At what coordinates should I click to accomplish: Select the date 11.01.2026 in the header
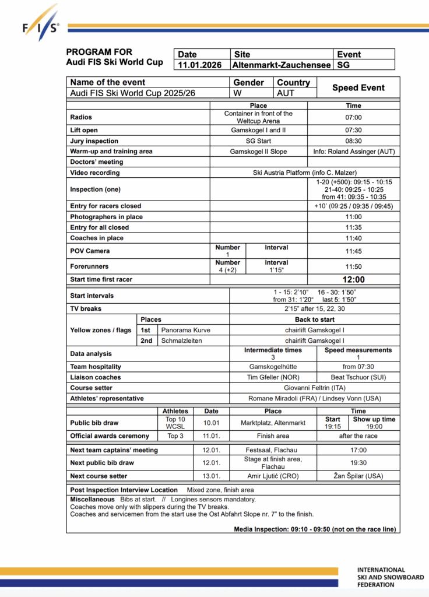200,65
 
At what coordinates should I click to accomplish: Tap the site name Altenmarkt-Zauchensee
282,65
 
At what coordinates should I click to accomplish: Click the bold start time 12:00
353,280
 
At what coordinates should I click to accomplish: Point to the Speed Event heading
358,87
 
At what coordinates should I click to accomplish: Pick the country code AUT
286,93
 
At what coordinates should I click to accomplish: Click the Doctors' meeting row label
97,162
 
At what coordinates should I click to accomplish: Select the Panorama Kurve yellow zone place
185,330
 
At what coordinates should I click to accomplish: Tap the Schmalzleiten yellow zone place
182,340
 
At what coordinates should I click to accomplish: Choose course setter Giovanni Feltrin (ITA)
315,388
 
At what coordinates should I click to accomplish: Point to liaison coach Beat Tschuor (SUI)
354,377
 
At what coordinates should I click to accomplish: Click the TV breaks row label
86,308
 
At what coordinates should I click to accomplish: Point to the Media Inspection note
315,529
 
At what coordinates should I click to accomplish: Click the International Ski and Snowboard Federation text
390,577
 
